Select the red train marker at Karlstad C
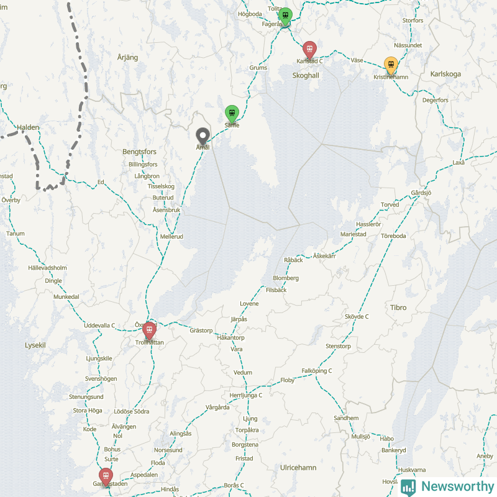point(309,50)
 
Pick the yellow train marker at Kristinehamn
point(391,65)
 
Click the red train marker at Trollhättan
point(149,330)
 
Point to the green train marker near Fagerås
point(285,16)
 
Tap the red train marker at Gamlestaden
point(106,476)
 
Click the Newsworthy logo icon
point(408,486)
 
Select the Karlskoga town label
point(445,74)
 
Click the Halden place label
point(28,127)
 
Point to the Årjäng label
point(127,57)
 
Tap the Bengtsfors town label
point(139,152)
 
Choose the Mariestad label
point(353,234)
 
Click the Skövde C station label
point(357,316)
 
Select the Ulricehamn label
point(298,467)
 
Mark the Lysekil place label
point(35,344)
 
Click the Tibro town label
point(398,308)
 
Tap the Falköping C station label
point(316,371)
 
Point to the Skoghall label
point(305,75)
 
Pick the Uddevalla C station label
point(99,325)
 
